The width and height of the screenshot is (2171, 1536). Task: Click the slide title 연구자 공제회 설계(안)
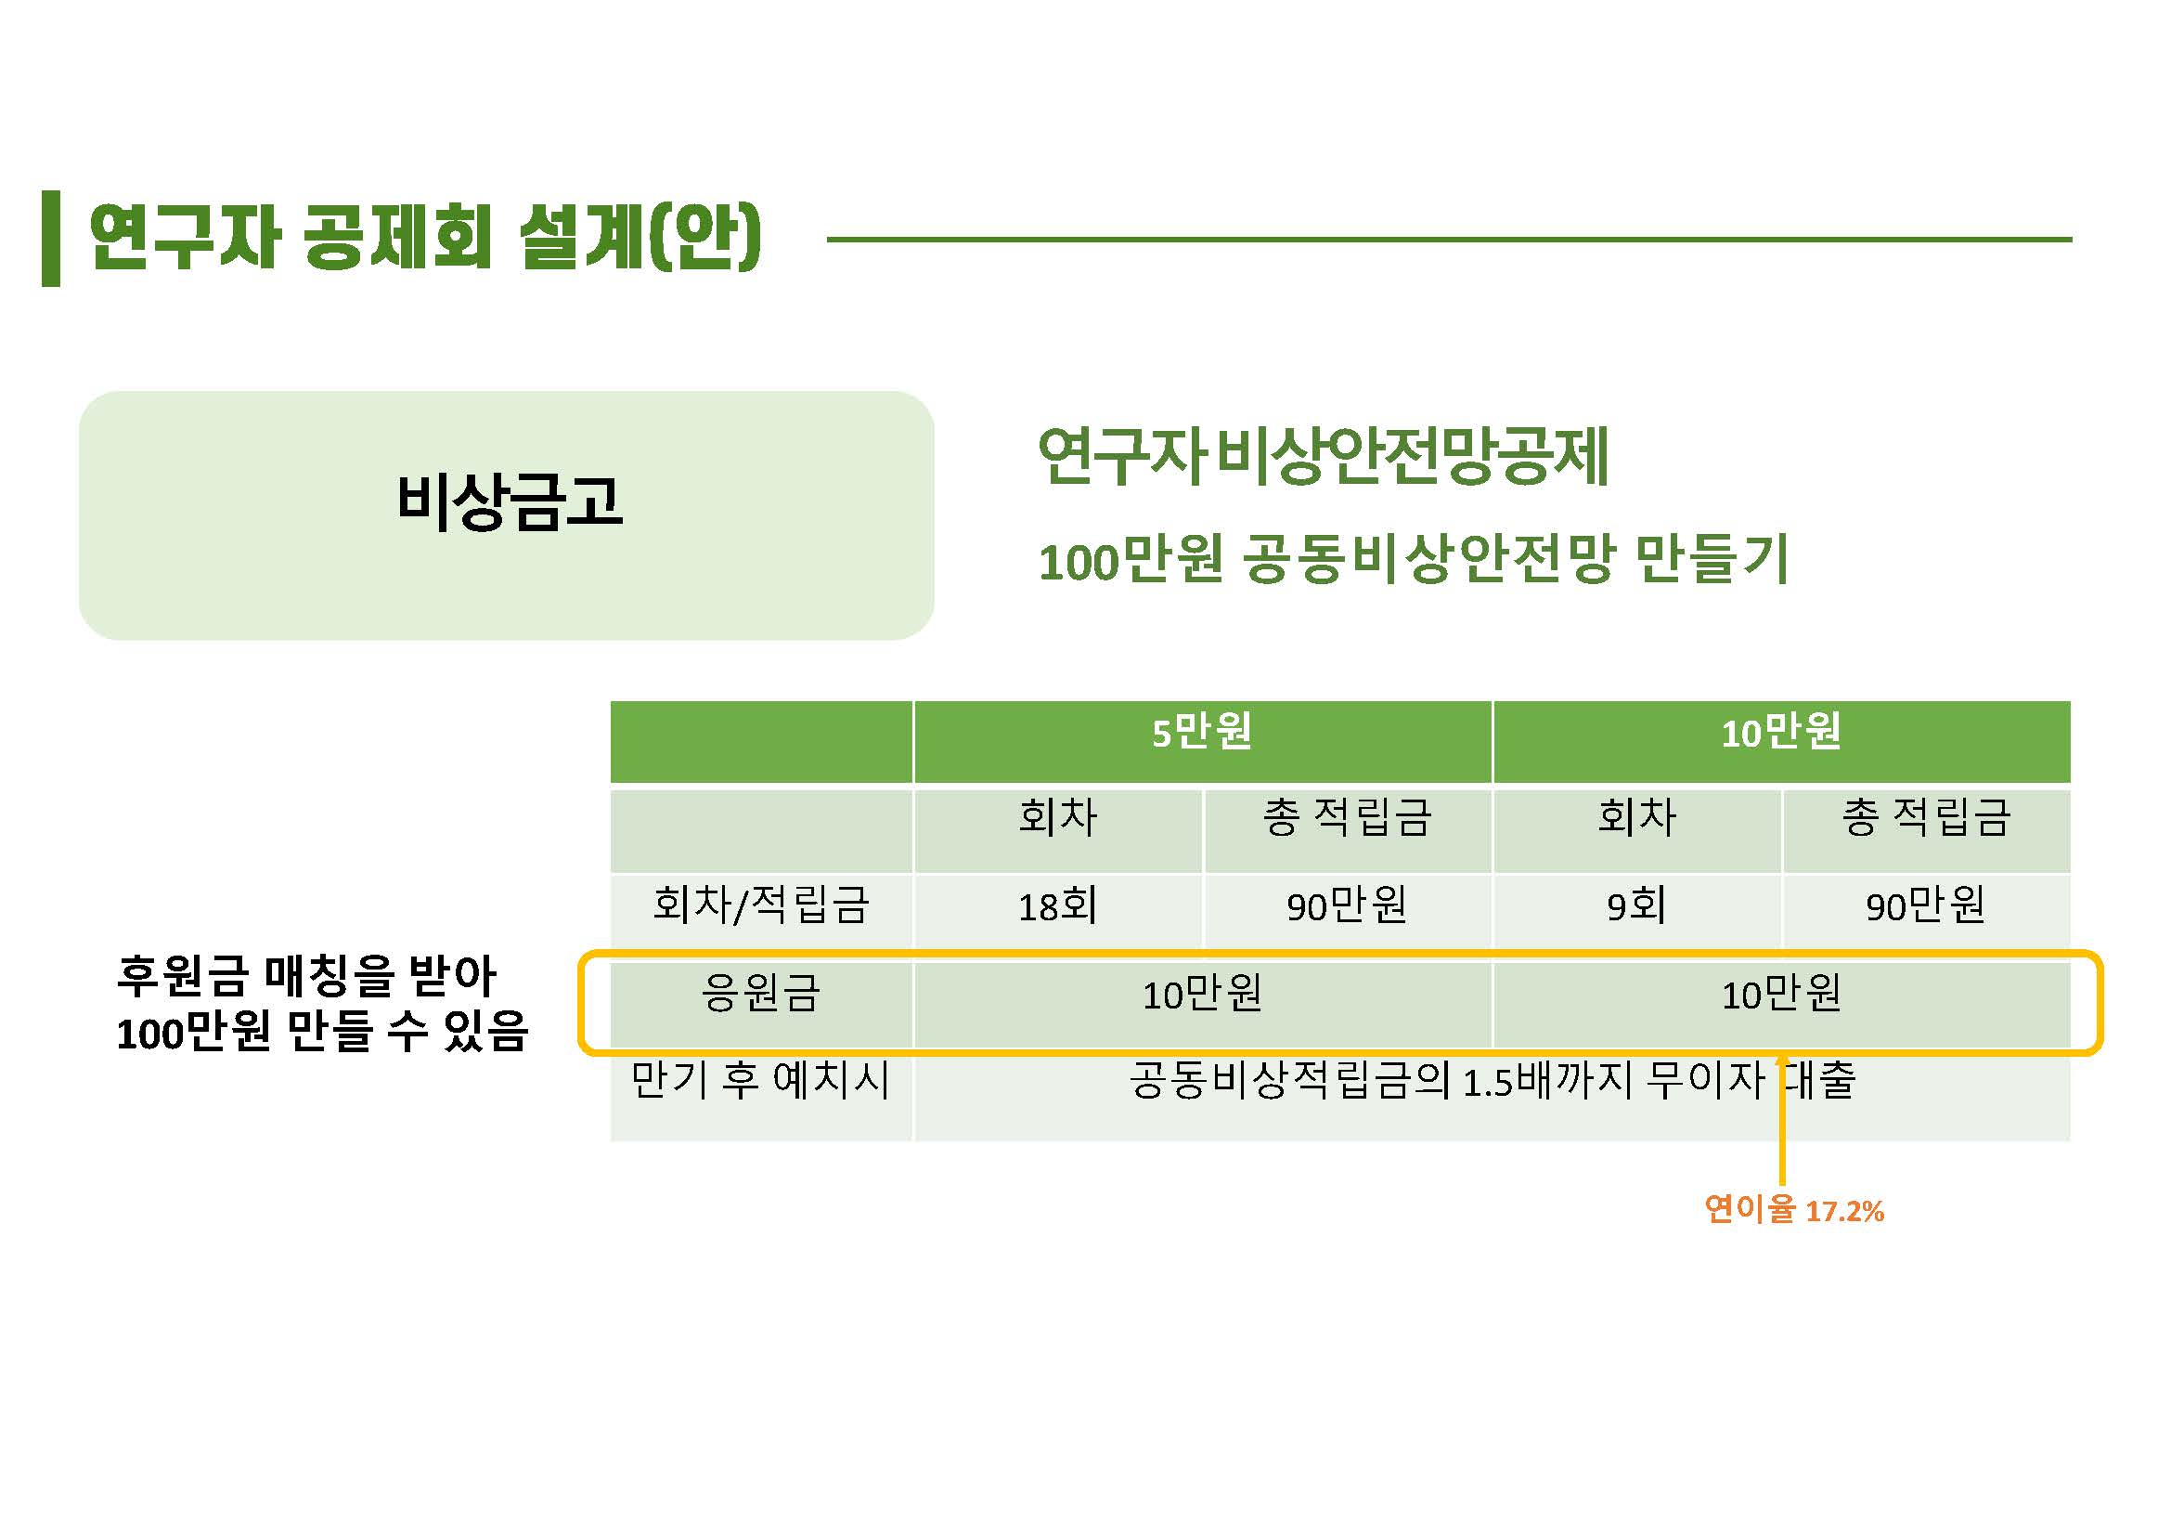[x=424, y=237]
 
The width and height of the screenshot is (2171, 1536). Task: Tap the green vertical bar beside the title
[x=51, y=239]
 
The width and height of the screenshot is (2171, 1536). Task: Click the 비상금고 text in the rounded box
[x=509, y=501]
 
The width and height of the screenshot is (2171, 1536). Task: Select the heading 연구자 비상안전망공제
[x=1324, y=456]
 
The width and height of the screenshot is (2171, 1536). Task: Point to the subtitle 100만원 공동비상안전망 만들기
[x=1414, y=559]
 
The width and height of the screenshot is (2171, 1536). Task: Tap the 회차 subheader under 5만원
[x=1058, y=817]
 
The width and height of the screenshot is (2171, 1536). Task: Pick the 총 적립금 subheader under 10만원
[x=1926, y=817]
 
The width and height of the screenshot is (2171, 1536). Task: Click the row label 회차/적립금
[x=761, y=905]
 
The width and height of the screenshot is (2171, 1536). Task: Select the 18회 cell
[x=1058, y=906]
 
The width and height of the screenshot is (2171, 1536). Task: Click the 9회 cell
[x=1636, y=906]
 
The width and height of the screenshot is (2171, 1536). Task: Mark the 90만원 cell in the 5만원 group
[x=1347, y=906]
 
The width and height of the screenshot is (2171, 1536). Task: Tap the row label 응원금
[x=761, y=993]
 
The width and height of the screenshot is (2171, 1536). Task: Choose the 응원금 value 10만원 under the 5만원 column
[x=1202, y=994]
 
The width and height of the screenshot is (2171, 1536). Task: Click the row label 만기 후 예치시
[x=761, y=1080]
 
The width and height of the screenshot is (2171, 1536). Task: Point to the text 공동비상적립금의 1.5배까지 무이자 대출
[x=1493, y=1080]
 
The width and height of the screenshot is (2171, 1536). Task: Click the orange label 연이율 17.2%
[x=1794, y=1210]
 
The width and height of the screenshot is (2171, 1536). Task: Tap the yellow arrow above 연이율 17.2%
[x=1782, y=1120]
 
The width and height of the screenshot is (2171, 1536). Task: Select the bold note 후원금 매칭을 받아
[x=306, y=975]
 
